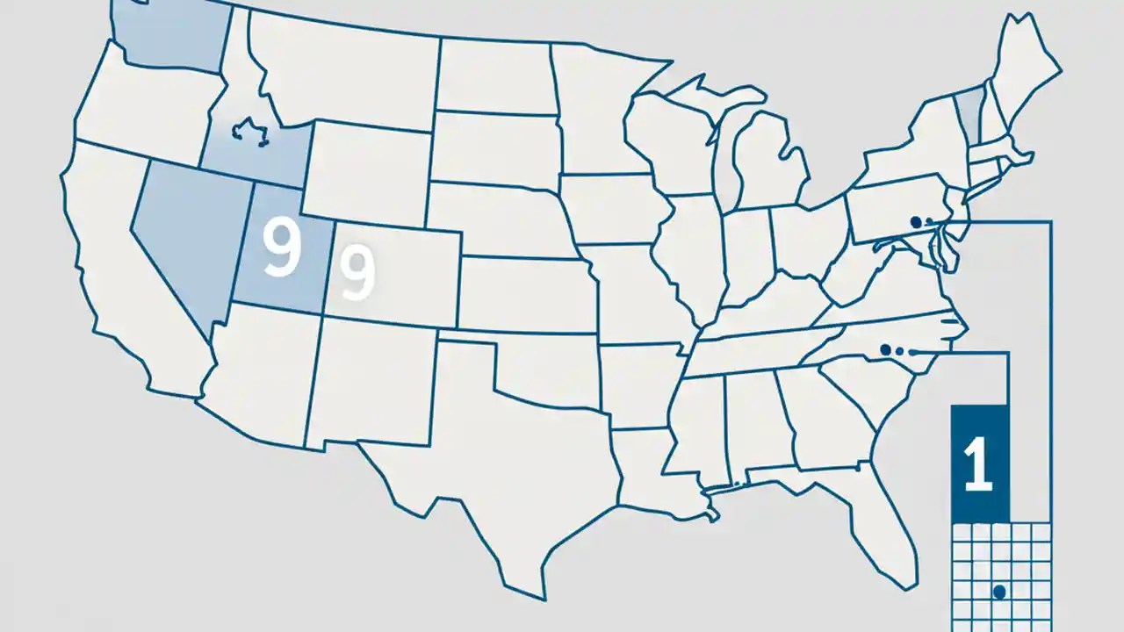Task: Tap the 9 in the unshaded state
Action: click(x=357, y=271)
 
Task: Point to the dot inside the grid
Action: click(x=998, y=592)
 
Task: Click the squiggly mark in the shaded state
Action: click(x=249, y=132)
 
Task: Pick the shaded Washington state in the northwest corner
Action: click(x=171, y=35)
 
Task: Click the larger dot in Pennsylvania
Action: click(x=917, y=222)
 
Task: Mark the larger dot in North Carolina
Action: click(x=885, y=350)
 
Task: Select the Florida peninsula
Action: click(x=887, y=527)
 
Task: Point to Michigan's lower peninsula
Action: click(x=768, y=162)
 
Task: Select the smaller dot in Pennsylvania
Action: click(x=930, y=223)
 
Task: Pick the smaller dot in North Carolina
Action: click(x=899, y=352)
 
